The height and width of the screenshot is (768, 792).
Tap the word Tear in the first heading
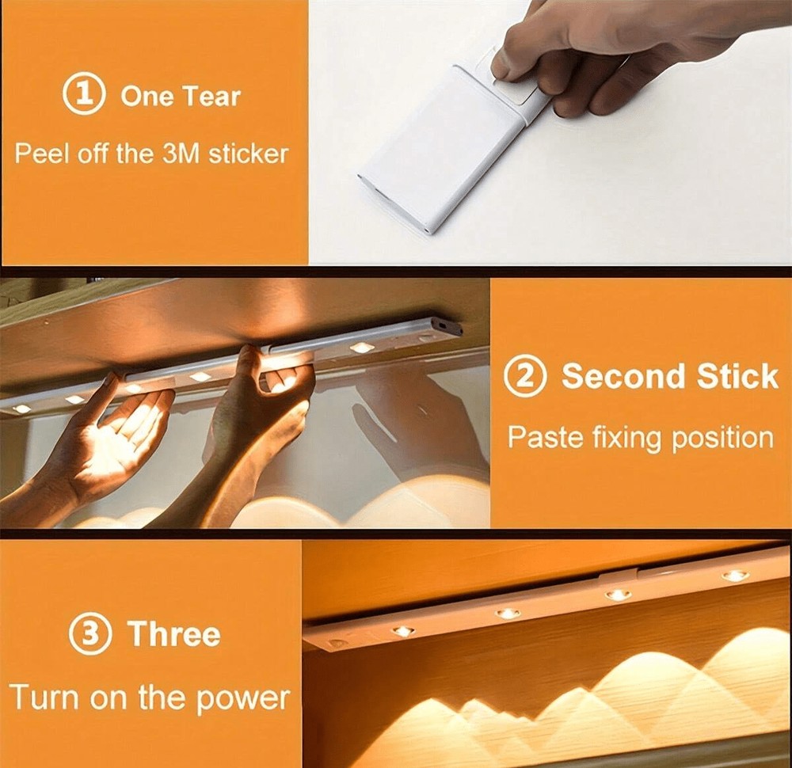click(211, 96)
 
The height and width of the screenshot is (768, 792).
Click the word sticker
click(248, 154)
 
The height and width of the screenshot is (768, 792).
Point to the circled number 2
click(525, 377)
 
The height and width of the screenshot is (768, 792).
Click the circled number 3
click(90, 633)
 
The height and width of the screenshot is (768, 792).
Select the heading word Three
click(174, 633)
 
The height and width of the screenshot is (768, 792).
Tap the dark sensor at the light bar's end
click(451, 329)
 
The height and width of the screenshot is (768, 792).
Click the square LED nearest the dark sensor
click(361, 348)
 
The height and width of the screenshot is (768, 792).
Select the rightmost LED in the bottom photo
click(735, 576)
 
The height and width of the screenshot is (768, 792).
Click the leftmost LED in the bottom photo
click(402, 631)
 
